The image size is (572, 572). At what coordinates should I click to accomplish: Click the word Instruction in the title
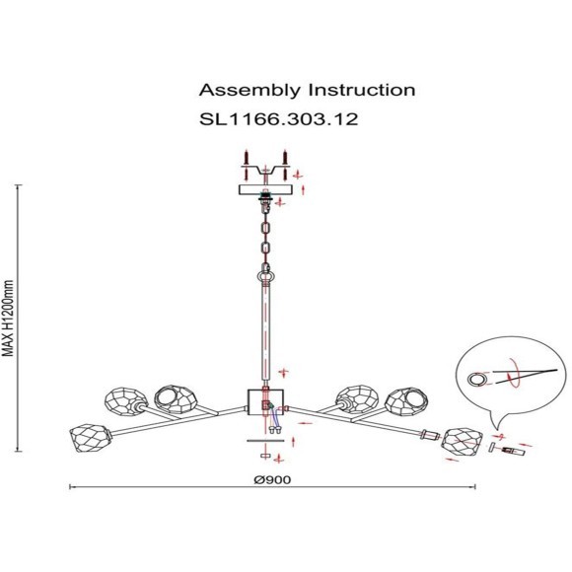(362, 90)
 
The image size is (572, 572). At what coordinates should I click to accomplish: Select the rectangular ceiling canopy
(264, 189)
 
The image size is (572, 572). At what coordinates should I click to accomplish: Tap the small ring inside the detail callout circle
(478, 379)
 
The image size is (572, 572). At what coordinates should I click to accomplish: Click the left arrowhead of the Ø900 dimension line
(71, 486)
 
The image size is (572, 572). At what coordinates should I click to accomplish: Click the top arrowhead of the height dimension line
(18, 186)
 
